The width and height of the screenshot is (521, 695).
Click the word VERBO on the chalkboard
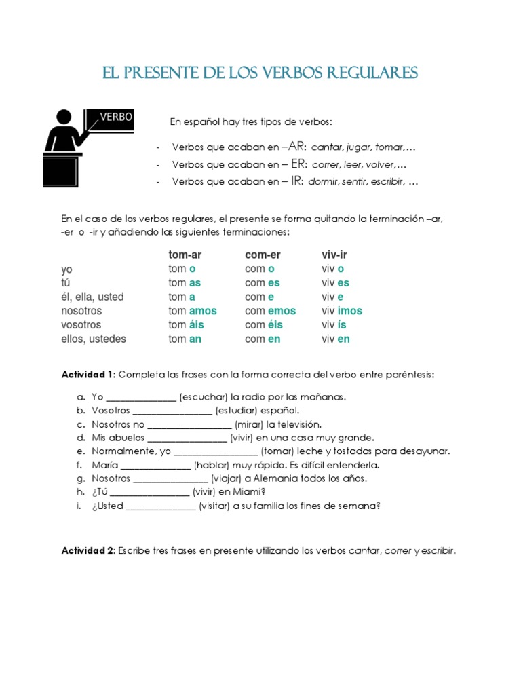[117, 117]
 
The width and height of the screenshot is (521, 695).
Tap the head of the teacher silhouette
[64, 117]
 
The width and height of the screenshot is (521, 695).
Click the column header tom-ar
[185, 255]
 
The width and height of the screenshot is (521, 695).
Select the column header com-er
[263, 255]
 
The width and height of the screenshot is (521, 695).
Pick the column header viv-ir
[334, 255]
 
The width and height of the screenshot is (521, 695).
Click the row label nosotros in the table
[81, 311]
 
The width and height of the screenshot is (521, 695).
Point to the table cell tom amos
[193, 311]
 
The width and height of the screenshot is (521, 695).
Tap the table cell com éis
[264, 325]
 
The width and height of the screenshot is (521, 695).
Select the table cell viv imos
[342, 311]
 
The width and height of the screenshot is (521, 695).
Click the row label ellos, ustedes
[93, 339]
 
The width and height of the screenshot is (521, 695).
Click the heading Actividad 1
[89, 375]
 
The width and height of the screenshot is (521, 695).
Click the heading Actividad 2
[89, 551]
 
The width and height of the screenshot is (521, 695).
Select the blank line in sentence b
[172, 411]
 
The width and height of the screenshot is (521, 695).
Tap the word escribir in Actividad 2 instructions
[438, 551]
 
